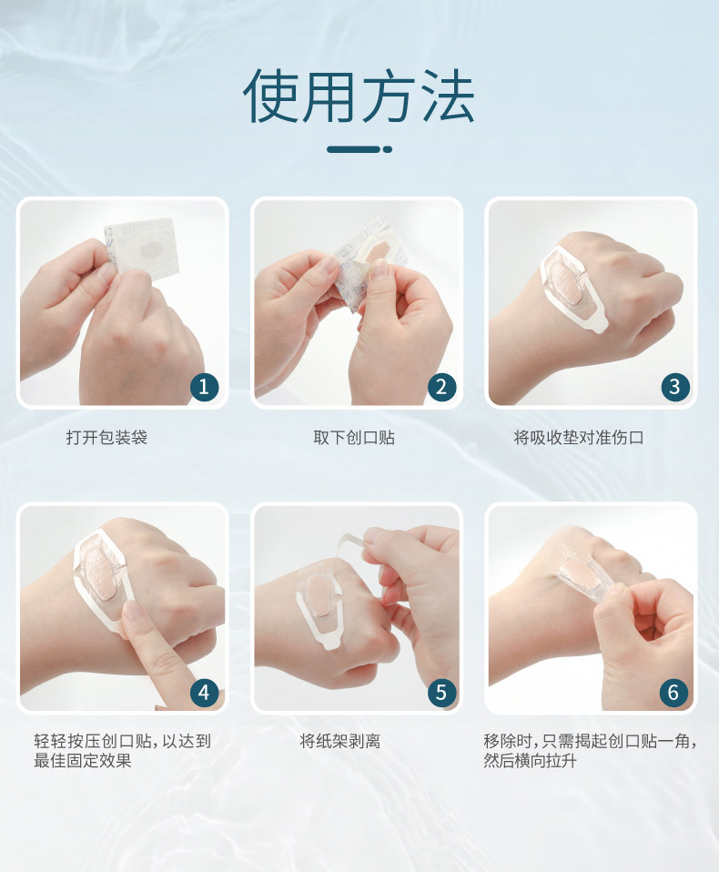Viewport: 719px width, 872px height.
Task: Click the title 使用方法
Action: pyautogui.click(x=359, y=96)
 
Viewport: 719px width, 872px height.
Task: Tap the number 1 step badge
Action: pyautogui.click(x=204, y=387)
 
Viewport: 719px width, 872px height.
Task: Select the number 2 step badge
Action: pyautogui.click(x=441, y=387)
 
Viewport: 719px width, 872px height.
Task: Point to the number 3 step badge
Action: pyautogui.click(x=675, y=387)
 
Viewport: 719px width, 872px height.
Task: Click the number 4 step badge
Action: pyautogui.click(x=204, y=693)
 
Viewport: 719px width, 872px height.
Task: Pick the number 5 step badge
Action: pyautogui.click(x=441, y=693)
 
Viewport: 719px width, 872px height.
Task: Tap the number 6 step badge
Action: pyautogui.click(x=673, y=693)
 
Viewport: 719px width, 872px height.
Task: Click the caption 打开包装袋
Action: pyautogui.click(x=106, y=438)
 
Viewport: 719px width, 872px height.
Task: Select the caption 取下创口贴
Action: pyautogui.click(x=354, y=438)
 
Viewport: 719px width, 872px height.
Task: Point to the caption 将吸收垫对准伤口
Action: pyautogui.click(x=579, y=438)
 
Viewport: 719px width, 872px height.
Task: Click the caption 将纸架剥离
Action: pyautogui.click(x=339, y=741)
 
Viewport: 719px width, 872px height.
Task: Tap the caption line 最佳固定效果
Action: pyautogui.click(x=82, y=760)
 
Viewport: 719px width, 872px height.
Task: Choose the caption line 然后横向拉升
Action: pyautogui.click(x=530, y=760)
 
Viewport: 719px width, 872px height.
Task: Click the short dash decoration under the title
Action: pyautogui.click(x=359, y=149)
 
